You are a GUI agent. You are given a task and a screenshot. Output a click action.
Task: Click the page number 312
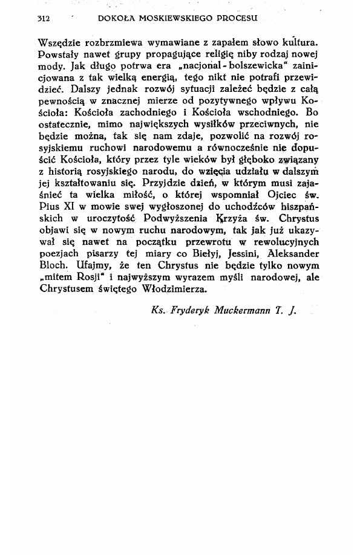point(43,19)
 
